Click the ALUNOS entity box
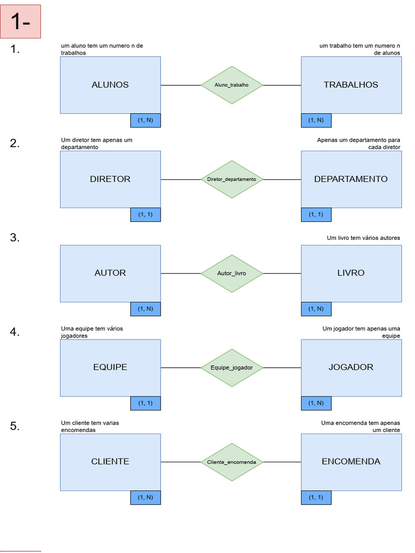(110, 85)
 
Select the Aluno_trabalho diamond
(232, 85)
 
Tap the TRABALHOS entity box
(351, 85)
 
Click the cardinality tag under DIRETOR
(145, 214)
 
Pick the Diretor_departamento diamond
(232, 179)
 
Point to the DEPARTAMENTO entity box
(351, 179)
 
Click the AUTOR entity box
(110, 273)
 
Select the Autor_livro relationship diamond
(232, 273)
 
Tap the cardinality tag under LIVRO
(316, 309)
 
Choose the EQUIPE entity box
(110, 367)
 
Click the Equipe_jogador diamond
(232, 368)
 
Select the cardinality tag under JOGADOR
(316, 403)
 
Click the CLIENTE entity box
(110, 462)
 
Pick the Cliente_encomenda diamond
(232, 462)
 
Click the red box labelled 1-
(21, 22)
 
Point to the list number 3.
(15, 238)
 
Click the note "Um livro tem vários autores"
(363, 238)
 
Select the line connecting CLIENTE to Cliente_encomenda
(180, 462)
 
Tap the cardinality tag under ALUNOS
(145, 120)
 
